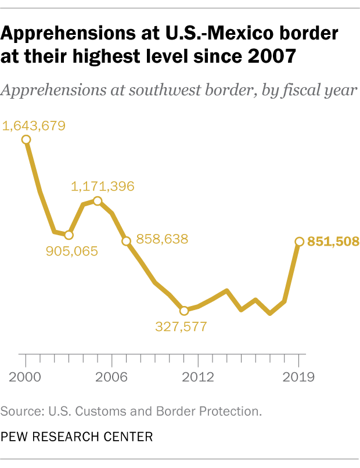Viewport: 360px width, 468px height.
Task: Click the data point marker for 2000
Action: coord(26,139)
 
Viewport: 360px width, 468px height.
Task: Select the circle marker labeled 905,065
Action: coord(69,235)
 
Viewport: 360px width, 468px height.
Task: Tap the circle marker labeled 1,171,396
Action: coord(98,201)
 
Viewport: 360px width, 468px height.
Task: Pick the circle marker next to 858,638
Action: coord(126,241)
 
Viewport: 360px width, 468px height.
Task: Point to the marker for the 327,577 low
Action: coord(184,311)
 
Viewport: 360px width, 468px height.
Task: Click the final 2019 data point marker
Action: coord(299,242)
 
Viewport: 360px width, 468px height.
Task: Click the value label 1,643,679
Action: coord(34,125)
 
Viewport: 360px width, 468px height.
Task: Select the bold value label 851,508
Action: coord(333,242)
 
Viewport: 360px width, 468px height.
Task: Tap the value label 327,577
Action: coord(181,326)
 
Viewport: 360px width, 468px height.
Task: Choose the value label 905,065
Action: coord(71,251)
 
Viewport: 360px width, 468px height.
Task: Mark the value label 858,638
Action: coord(162,239)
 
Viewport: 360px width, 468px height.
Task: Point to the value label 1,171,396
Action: coord(103,186)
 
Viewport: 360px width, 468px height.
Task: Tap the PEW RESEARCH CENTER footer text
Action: coord(77,436)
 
